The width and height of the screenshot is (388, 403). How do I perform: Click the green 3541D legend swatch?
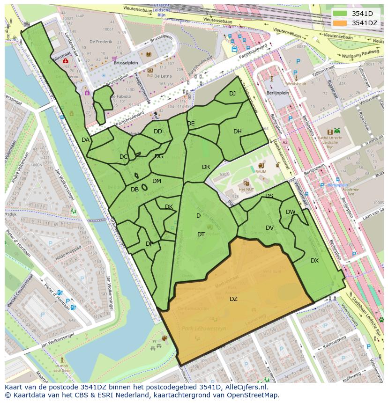point(340,14)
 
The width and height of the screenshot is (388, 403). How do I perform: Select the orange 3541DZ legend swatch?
point(340,23)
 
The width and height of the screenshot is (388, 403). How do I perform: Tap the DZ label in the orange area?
point(233,299)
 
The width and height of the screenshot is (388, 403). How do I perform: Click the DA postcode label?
point(85,139)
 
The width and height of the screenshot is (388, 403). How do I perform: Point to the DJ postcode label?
point(232,93)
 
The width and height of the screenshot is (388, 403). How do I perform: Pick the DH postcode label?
point(238,131)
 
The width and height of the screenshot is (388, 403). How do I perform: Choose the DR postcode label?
point(206,167)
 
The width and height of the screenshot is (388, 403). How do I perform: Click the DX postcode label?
point(314,260)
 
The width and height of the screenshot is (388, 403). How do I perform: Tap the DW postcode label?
point(291,212)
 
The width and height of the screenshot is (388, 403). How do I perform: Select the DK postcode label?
point(169,206)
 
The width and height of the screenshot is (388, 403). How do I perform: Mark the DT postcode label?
point(201,234)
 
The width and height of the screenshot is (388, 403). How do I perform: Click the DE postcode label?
point(191,123)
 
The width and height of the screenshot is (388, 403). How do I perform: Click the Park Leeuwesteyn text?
point(204,329)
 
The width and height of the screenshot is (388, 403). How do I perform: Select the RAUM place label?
point(261,171)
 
